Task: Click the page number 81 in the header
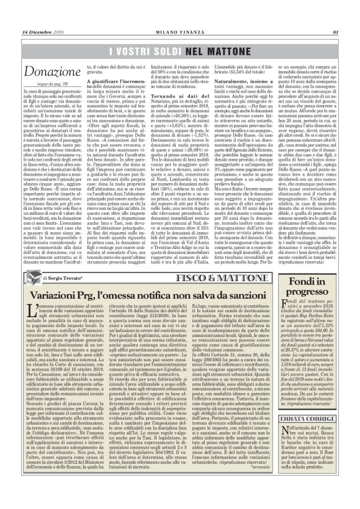click(x=335, y=15)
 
